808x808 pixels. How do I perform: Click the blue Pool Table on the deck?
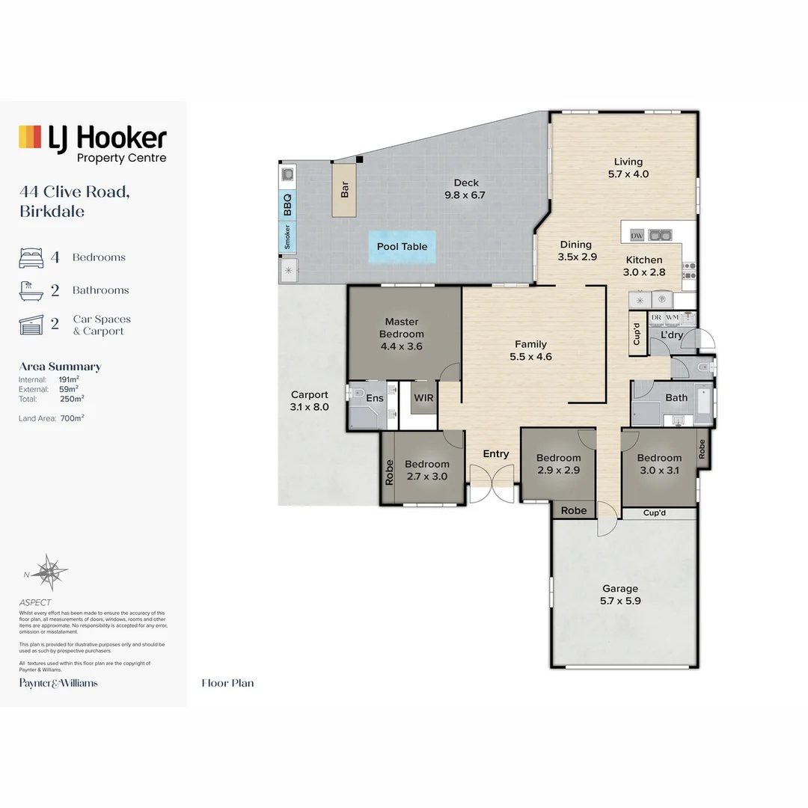click(402, 247)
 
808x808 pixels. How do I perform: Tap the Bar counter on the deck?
click(345, 191)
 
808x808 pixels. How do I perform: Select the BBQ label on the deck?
click(287, 203)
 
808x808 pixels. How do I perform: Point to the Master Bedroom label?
click(402, 334)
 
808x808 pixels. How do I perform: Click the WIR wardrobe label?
click(423, 398)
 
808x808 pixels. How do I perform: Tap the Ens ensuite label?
click(374, 398)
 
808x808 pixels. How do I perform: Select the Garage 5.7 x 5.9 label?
click(620, 595)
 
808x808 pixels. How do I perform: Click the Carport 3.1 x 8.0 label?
click(310, 401)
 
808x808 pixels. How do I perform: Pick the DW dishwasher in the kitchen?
click(637, 236)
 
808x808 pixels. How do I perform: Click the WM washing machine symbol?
click(672, 318)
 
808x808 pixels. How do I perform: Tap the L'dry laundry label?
click(671, 335)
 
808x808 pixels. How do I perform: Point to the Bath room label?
click(676, 397)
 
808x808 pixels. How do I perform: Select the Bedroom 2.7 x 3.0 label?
click(427, 470)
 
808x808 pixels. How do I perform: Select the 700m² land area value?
click(72, 418)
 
